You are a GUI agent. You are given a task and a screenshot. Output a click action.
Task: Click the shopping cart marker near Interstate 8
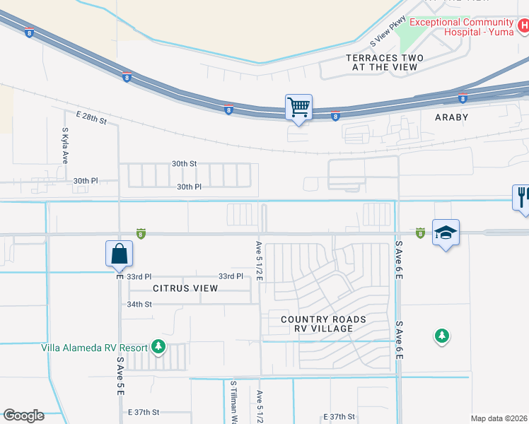(299, 108)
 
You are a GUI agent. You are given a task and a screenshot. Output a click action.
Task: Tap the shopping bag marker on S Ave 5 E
(120, 254)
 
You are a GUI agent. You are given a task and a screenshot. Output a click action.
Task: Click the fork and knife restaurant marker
(522, 199)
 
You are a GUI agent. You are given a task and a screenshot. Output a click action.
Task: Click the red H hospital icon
(523, 27)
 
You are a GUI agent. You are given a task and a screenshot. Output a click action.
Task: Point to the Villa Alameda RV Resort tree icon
(158, 346)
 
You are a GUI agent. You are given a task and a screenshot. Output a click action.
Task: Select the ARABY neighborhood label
(446, 117)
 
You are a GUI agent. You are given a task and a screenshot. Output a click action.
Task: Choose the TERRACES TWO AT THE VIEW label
(384, 62)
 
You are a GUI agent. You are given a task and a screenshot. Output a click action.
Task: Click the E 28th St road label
(91, 117)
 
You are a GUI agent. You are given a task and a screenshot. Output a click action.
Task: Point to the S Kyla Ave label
(64, 146)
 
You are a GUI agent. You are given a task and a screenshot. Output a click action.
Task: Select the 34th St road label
(139, 304)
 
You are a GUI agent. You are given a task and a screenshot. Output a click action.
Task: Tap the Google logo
(23, 416)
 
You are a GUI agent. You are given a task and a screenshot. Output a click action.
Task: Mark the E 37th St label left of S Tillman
(144, 412)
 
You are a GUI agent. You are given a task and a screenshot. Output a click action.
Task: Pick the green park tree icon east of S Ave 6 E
(442, 336)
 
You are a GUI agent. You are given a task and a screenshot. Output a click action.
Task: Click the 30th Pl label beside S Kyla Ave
(86, 181)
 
